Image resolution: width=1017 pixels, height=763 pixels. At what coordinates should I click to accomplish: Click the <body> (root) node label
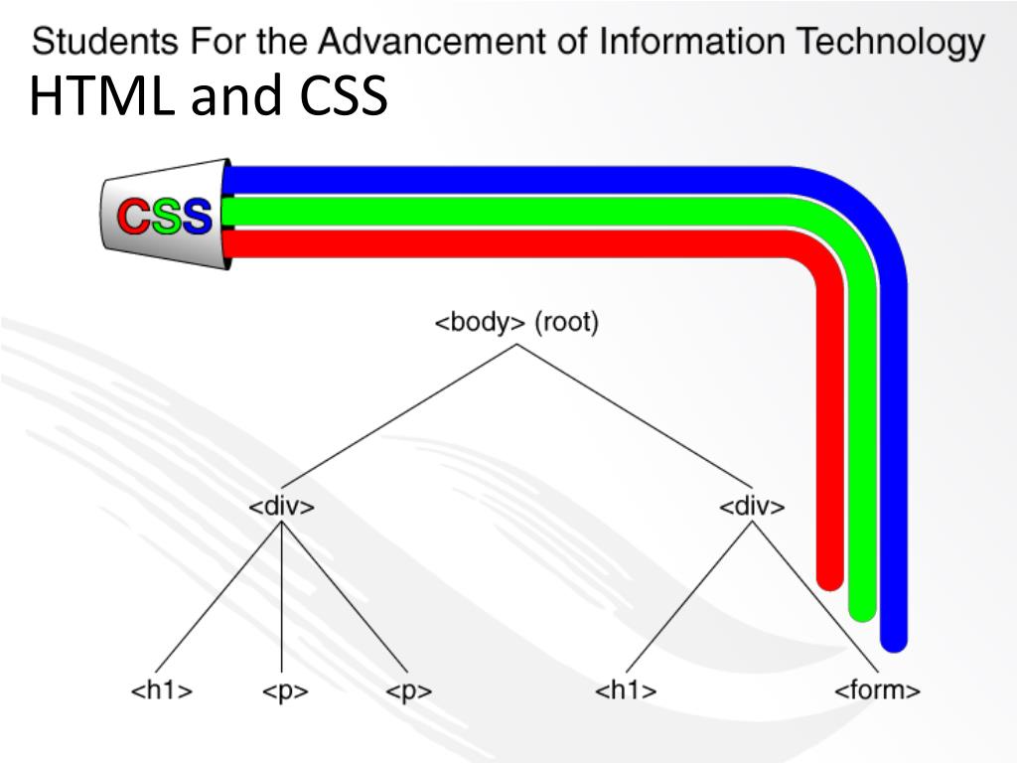pos(516,324)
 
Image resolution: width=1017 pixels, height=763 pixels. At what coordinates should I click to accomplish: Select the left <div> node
pos(281,507)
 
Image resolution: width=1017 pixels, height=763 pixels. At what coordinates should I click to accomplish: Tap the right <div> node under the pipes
pos(752,507)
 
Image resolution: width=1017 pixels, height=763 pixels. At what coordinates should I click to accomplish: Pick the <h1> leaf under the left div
pos(161,690)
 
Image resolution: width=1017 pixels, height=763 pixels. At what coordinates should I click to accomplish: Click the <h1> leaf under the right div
pos(626,690)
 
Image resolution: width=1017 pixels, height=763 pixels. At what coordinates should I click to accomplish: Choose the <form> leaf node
pos(877,690)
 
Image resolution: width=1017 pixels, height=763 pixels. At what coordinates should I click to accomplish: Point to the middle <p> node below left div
pos(285,691)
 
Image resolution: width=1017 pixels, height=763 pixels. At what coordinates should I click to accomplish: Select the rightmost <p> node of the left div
pos(408,691)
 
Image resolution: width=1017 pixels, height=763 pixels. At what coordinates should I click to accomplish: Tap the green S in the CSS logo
pos(166,216)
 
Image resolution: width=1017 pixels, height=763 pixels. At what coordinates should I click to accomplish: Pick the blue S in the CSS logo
pos(197,216)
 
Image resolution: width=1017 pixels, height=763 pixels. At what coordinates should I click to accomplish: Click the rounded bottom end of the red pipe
pos(829,578)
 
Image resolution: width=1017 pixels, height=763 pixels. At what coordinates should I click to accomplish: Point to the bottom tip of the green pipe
pos(862,610)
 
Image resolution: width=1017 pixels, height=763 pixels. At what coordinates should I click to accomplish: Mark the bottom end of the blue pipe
pos(894,640)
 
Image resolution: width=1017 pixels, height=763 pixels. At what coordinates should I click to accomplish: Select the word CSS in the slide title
pos(341,96)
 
